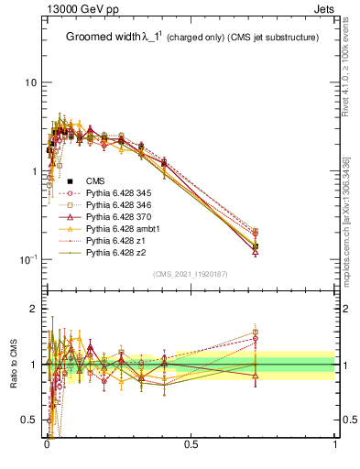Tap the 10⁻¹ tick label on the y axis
tap(28, 259)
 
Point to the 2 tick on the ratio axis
tap(33, 310)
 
